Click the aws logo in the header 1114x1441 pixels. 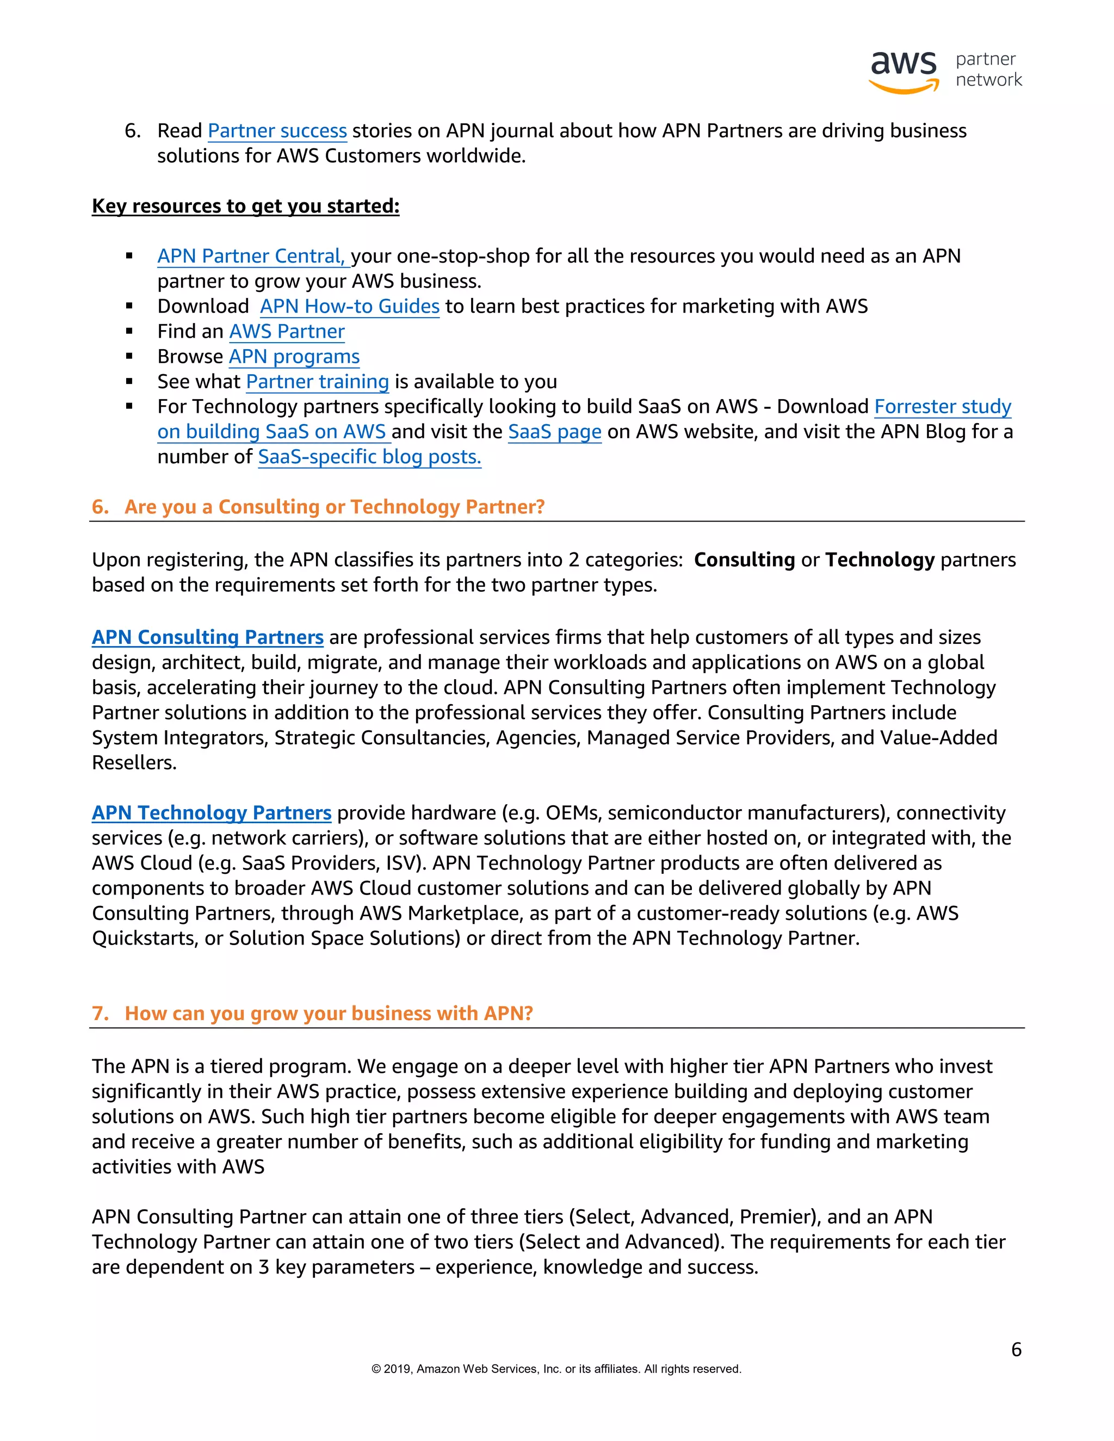coord(903,71)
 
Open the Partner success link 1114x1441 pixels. coord(277,131)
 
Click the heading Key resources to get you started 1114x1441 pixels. coord(245,206)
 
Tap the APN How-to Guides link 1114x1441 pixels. coord(349,306)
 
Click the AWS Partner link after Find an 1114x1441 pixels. coord(287,331)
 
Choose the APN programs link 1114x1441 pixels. coord(294,356)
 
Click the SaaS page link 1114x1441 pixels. coord(554,432)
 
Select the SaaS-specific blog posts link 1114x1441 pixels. coord(369,457)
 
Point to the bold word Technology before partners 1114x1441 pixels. coord(880,560)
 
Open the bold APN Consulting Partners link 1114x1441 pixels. coord(207,637)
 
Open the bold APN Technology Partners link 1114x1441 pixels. coord(211,813)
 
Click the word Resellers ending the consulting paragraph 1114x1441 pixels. coord(134,763)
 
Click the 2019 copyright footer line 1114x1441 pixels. coord(556,1369)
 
